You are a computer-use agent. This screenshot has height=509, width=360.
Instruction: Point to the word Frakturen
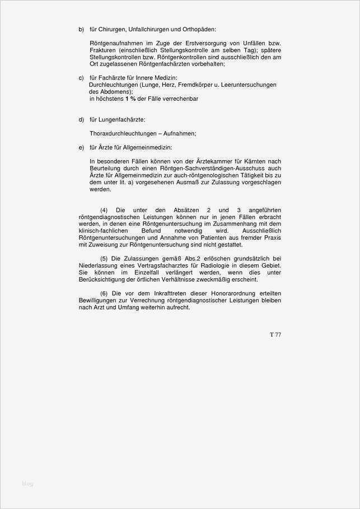coord(104,50)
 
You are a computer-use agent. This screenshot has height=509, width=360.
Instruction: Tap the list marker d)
coord(81,120)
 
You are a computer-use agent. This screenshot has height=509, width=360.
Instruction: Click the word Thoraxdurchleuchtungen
coord(122,134)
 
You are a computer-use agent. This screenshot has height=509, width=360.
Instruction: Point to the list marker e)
coord(81,147)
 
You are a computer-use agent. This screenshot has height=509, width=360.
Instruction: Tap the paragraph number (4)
coord(104,209)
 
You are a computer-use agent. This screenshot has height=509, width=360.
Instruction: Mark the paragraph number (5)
coord(104,258)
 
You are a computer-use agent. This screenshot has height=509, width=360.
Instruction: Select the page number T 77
coord(275,335)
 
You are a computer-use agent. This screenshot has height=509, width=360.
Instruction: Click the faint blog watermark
coord(27,483)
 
